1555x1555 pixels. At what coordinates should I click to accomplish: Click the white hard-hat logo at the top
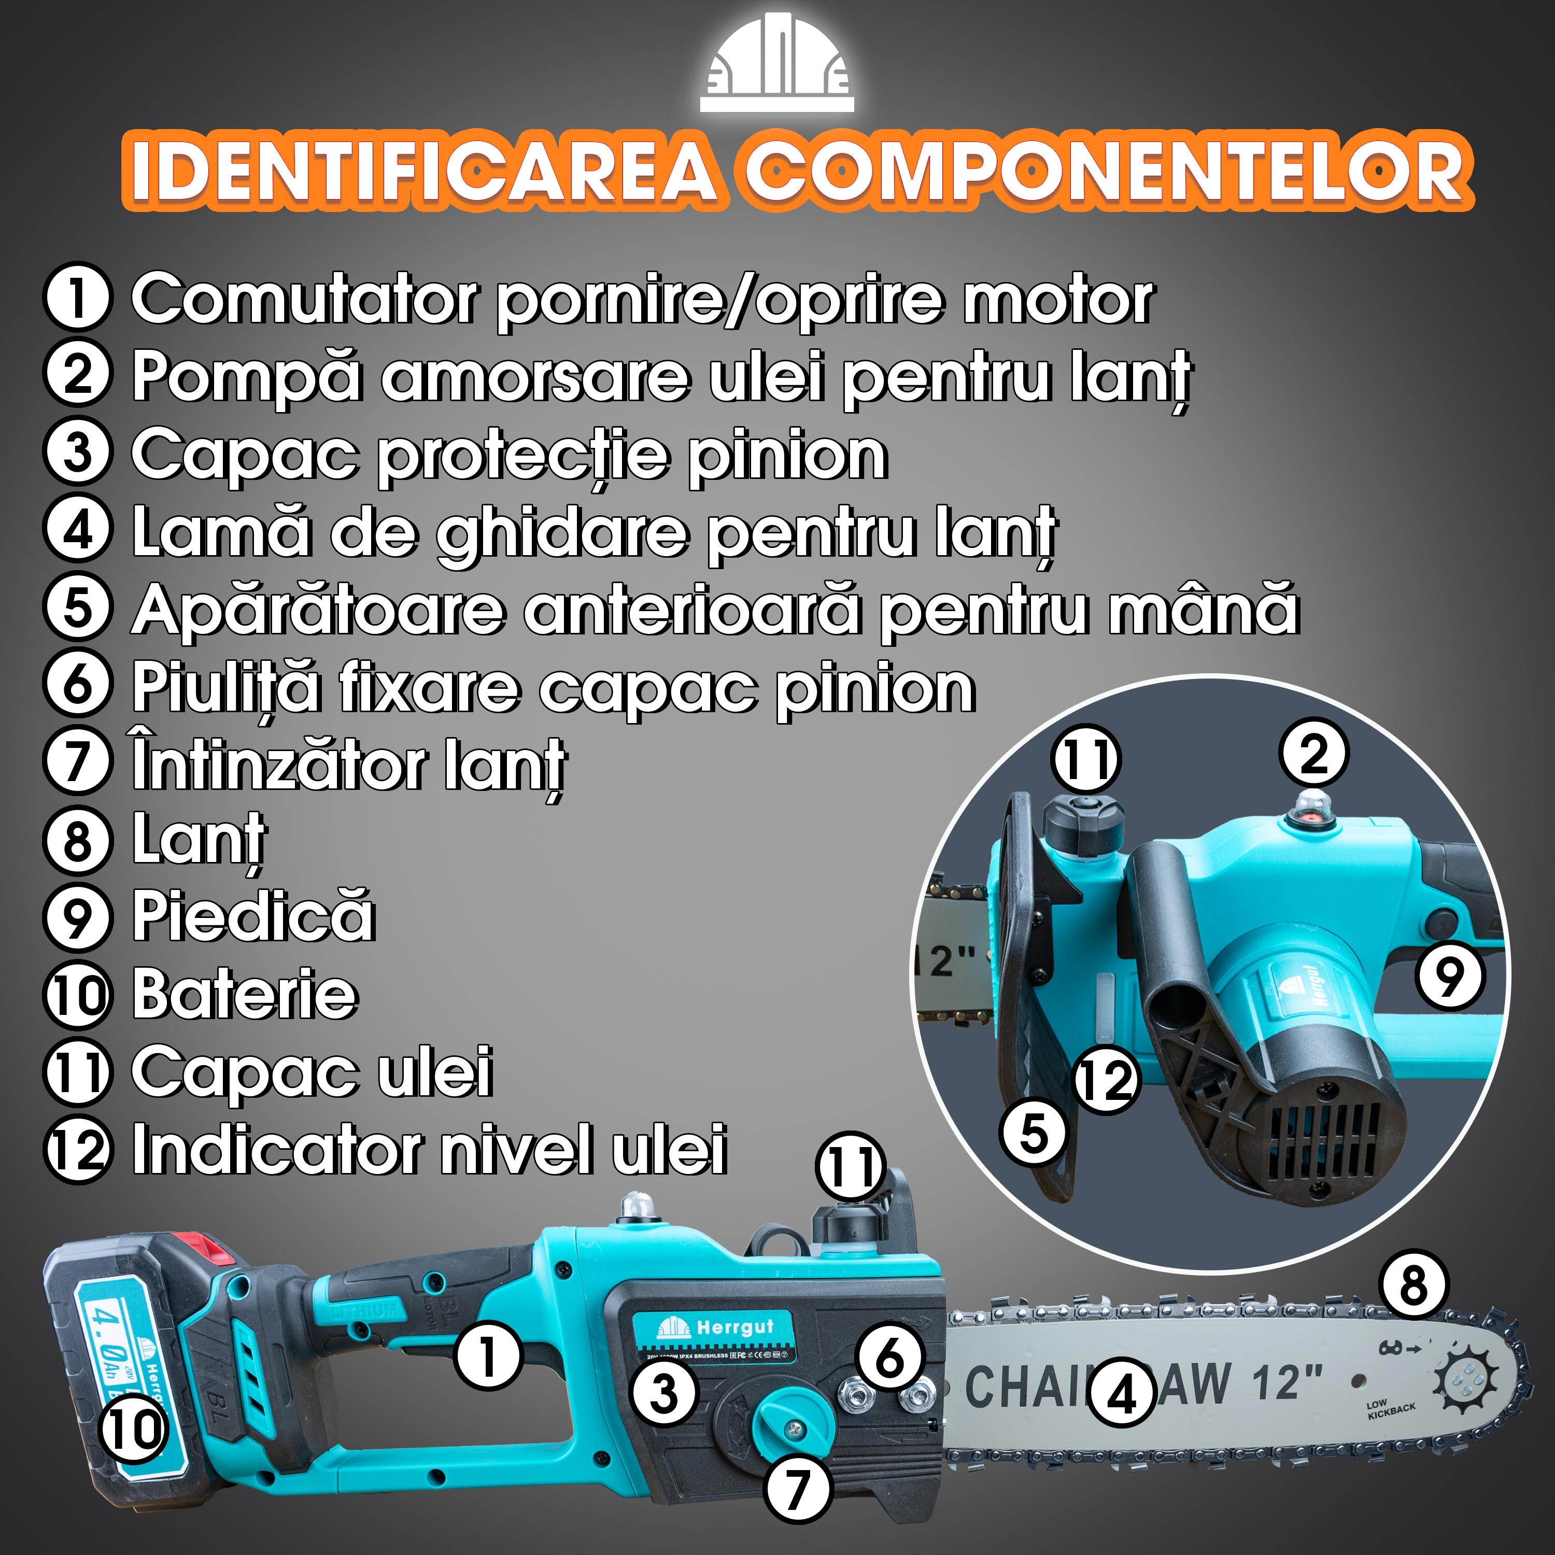(x=776, y=63)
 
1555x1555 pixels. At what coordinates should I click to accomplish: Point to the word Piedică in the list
(x=253, y=917)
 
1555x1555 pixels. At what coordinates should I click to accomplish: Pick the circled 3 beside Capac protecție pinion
(x=77, y=453)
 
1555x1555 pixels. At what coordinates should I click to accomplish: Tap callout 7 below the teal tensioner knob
(x=796, y=1488)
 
